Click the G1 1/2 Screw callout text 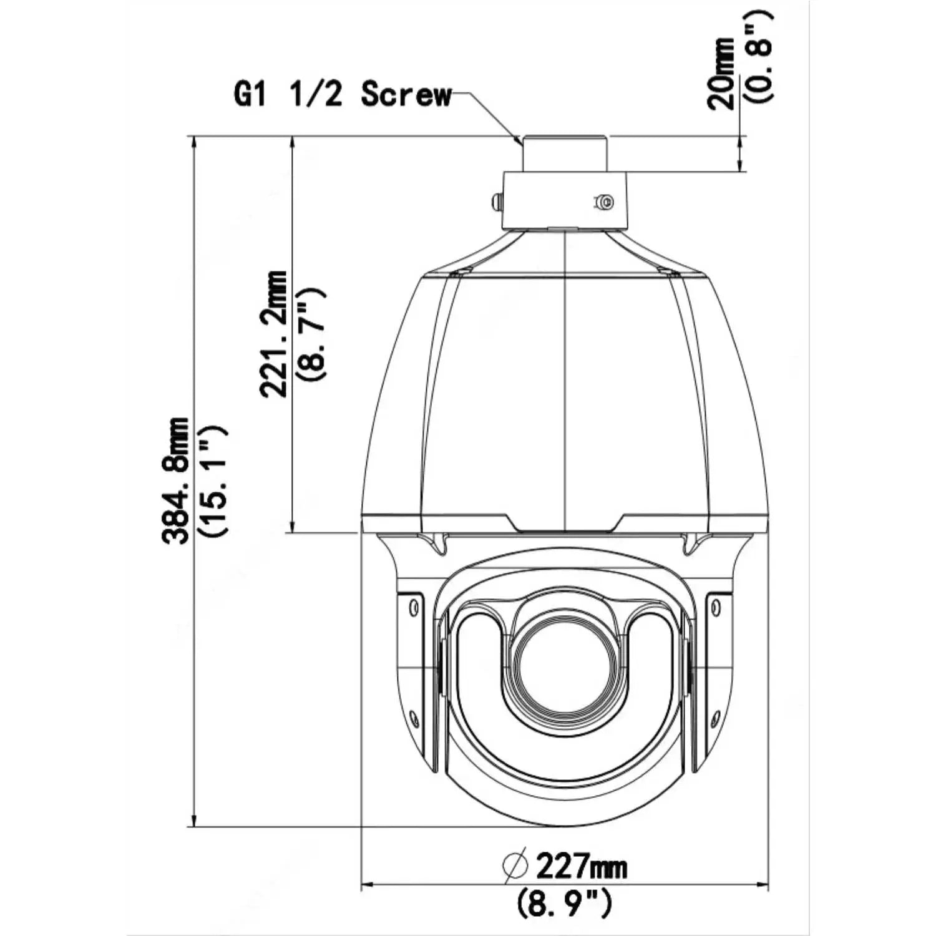coord(342,94)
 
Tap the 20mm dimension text coord(723,74)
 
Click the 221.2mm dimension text coord(274,334)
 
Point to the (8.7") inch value coord(311,334)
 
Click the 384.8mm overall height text coord(175,480)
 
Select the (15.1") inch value coord(212,480)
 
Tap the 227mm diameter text coord(581,866)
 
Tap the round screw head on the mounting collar coord(603,202)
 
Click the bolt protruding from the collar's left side coord(497,202)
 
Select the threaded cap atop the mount coord(565,154)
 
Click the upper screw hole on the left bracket coord(412,607)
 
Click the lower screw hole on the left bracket coord(413,718)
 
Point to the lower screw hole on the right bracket coord(716,718)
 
